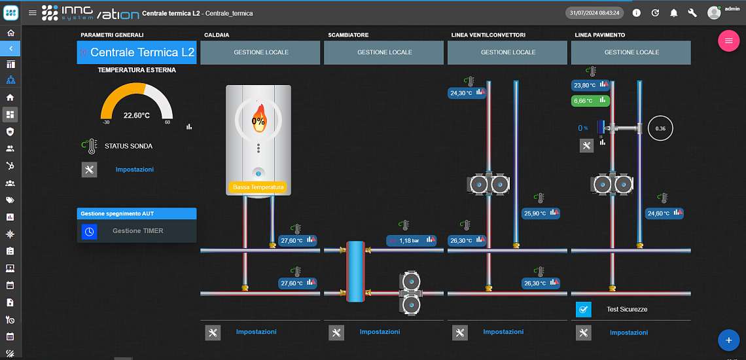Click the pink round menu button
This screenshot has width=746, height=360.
click(728, 41)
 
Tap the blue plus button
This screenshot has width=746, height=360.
click(728, 340)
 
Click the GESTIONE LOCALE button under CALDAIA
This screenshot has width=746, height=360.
click(261, 52)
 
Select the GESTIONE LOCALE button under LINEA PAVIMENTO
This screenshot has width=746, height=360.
click(631, 52)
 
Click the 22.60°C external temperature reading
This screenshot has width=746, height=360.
click(137, 115)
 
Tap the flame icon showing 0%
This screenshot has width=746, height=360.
click(258, 120)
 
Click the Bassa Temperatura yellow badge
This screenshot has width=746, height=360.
click(258, 187)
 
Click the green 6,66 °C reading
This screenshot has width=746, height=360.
click(590, 101)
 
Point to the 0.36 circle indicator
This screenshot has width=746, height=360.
click(660, 128)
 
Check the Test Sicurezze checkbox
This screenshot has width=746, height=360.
click(583, 310)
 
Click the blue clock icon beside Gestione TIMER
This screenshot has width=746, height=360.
click(90, 232)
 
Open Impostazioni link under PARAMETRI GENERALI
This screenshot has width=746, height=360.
click(135, 169)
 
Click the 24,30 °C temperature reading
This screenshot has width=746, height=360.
click(467, 93)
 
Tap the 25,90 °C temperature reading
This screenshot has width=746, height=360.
click(541, 213)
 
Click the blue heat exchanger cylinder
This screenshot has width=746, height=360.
click(355, 272)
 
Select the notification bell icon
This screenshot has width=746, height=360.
click(673, 13)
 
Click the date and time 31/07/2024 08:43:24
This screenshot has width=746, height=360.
click(595, 13)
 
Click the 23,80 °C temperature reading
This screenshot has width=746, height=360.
click(590, 85)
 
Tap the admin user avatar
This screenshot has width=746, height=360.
click(714, 13)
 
